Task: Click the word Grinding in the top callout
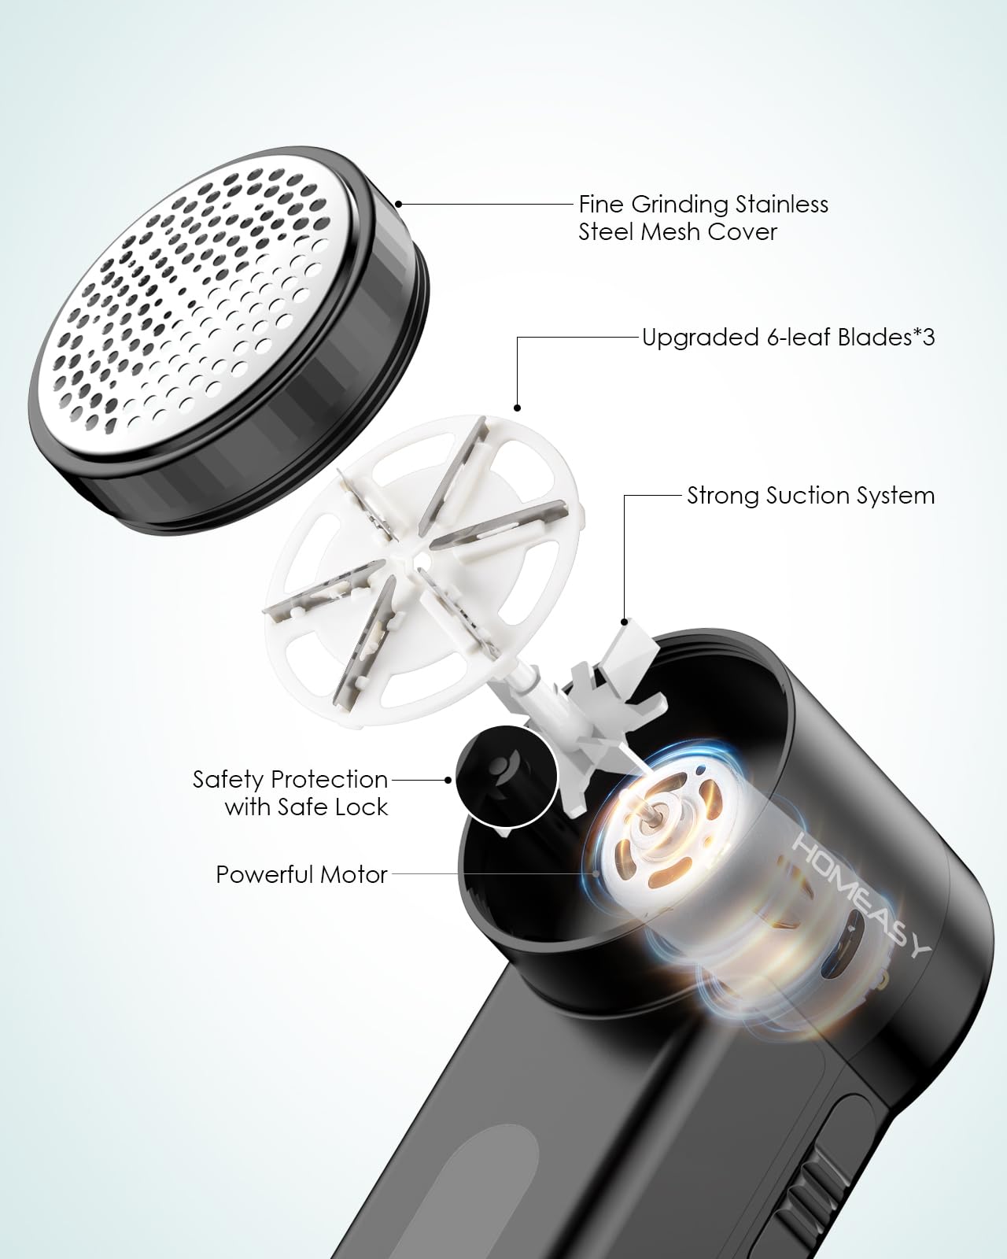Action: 680,205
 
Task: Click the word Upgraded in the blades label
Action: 701,338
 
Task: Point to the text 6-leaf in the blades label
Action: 799,338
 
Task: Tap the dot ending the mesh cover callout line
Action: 398,204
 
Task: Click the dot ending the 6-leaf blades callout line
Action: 517,408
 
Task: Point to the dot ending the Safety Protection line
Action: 448,780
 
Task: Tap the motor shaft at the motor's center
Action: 650,816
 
